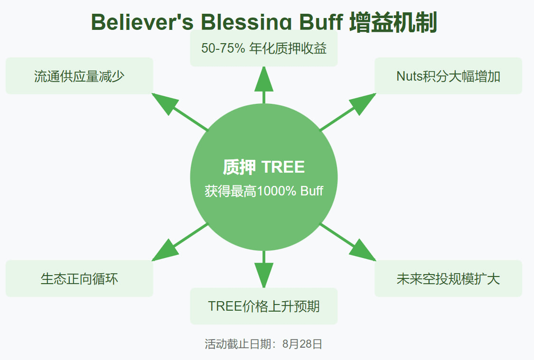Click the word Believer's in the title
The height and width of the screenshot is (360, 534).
[142, 22]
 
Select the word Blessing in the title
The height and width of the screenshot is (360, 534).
[246, 22]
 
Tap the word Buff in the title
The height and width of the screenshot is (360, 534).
[321, 22]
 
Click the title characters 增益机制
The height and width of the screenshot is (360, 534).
[393, 22]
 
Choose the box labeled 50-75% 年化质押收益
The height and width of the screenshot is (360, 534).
[263, 48]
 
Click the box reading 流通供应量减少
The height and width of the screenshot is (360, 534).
[79, 76]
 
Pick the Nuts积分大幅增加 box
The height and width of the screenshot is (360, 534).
[448, 76]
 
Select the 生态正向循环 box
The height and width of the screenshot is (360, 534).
[79, 279]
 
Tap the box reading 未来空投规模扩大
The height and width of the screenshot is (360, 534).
[448, 279]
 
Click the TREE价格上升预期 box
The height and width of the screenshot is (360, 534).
[263, 306]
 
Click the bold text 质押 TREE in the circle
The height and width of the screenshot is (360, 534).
[263, 167]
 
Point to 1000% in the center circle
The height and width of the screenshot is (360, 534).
[277, 191]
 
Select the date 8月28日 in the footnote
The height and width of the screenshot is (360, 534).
[302, 344]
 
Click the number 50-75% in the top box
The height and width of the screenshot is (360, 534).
[223, 48]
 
